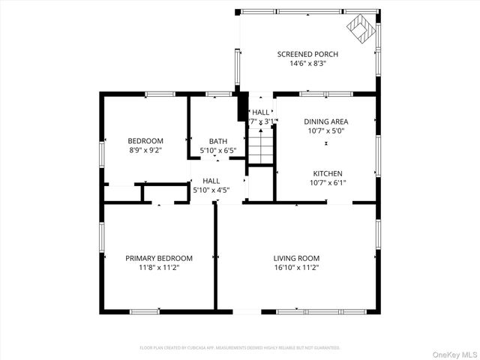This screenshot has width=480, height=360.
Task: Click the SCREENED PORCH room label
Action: click(307, 54)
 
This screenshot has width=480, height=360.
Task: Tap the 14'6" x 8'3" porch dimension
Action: click(307, 64)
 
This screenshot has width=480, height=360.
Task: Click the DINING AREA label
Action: click(325, 121)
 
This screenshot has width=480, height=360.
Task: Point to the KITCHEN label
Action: click(328, 172)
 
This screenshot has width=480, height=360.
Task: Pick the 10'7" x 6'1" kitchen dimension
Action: click(328, 182)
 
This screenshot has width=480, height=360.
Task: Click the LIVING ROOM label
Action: click(296, 258)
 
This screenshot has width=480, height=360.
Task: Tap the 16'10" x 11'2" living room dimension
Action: click(296, 268)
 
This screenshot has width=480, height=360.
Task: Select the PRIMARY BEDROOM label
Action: click(158, 258)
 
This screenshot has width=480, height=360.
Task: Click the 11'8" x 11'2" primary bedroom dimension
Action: click(158, 268)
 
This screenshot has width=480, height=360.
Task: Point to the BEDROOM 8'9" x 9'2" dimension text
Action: click(145, 150)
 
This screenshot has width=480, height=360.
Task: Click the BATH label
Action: click(218, 141)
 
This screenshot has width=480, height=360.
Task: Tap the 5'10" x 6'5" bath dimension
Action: click(218, 151)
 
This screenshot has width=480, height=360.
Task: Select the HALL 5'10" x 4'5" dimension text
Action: click(211, 190)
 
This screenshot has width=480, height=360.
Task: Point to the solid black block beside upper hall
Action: click(241, 107)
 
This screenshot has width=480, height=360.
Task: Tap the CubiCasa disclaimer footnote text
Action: click(240, 348)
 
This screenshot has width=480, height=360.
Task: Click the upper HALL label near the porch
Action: click(260, 112)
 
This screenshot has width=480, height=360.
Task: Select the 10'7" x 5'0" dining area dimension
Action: click(325, 131)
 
